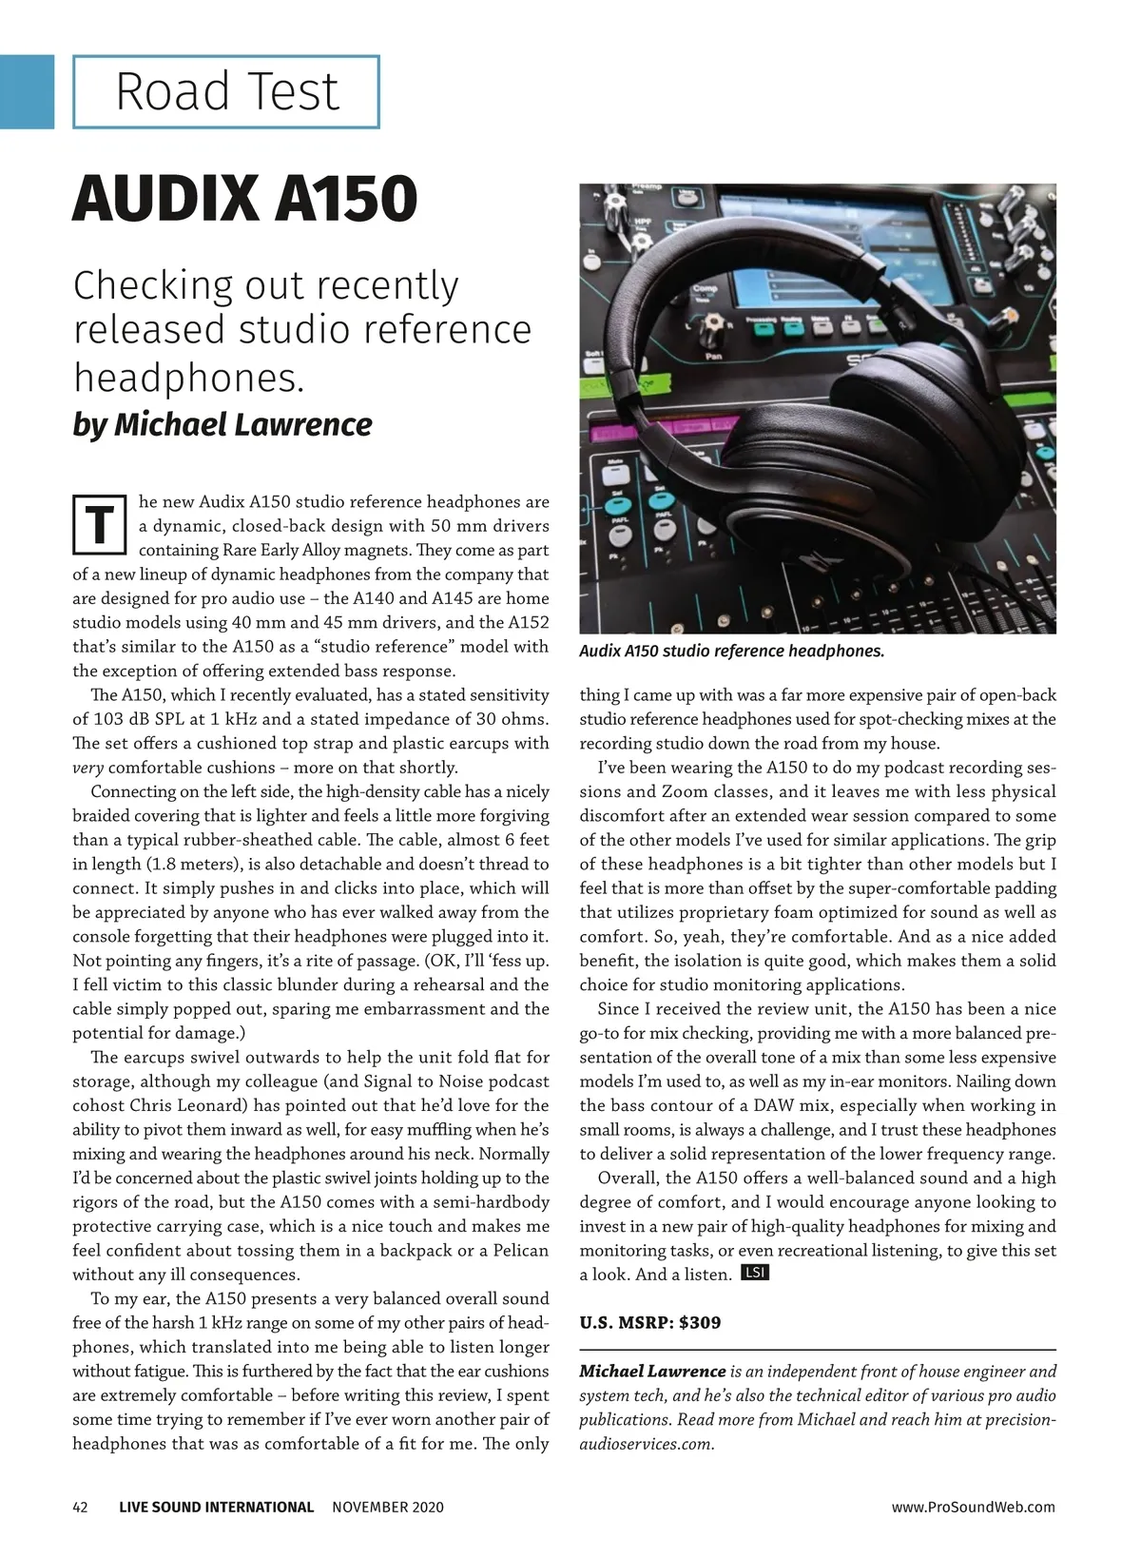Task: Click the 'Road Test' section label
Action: (226, 92)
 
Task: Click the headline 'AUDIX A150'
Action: (244, 198)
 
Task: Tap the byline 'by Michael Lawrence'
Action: (222, 424)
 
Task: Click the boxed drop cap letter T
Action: (99, 524)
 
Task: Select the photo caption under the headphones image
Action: (731, 652)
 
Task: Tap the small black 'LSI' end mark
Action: (753, 1273)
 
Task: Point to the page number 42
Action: (81, 1507)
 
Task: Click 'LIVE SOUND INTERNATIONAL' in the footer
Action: (216, 1507)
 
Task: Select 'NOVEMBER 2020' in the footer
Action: (388, 1507)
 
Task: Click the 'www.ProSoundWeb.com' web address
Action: (973, 1507)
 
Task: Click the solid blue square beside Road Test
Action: (27, 91)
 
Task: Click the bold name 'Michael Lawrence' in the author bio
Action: (651, 1372)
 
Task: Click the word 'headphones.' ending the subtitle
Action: (189, 378)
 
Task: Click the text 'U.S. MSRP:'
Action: (626, 1322)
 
